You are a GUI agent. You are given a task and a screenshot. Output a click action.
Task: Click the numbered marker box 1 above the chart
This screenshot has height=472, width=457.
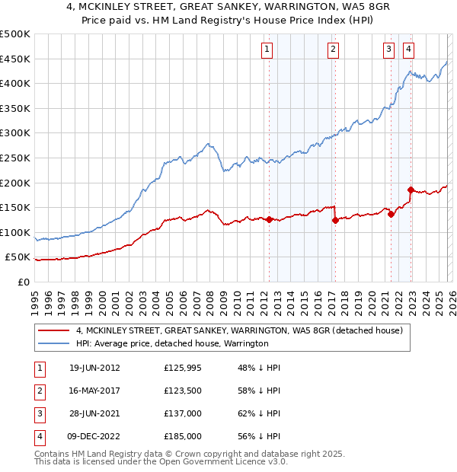click(267, 49)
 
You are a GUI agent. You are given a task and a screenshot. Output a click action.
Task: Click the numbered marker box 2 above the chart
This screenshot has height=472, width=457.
click(334, 49)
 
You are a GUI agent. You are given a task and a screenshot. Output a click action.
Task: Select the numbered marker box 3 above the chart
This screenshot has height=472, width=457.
click(388, 49)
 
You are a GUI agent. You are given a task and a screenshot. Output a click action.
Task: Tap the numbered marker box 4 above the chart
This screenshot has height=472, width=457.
click(409, 49)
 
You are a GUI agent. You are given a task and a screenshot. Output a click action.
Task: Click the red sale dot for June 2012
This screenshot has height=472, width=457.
click(270, 219)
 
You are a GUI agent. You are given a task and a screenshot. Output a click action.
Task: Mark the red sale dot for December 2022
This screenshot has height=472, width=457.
click(411, 190)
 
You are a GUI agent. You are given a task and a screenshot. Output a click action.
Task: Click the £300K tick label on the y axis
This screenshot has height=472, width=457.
click(15, 133)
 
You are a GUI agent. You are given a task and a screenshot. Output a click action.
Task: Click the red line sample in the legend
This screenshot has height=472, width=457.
click(54, 330)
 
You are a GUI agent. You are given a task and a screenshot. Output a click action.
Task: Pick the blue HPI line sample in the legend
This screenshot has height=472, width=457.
click(54, 344)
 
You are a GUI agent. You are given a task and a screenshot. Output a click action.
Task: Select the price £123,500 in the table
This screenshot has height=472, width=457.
click(183, 391)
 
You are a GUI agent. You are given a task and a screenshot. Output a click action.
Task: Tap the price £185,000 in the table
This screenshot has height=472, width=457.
click(183, 437)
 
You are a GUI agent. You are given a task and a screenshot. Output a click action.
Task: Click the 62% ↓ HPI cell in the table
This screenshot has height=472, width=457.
click(259, 414)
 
